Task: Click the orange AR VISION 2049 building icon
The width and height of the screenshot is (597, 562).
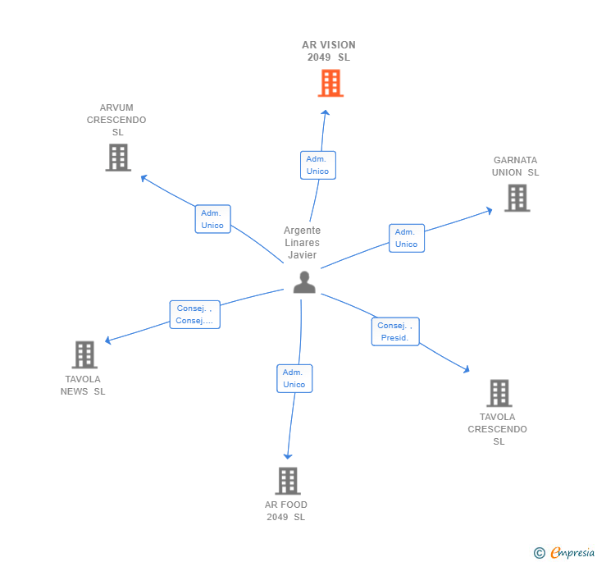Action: click(330, 83)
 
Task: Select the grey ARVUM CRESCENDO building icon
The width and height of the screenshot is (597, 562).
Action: click(118, 158)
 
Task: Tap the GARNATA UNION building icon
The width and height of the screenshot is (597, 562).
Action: click(517, 198)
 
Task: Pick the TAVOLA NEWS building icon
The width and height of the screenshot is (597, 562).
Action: click(84, 354)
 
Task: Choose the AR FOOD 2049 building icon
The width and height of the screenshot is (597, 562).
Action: click(287, 481)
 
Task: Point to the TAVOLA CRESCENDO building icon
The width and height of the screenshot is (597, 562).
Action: click(499, 393)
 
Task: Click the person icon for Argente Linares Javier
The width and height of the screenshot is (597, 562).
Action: click(304, 282)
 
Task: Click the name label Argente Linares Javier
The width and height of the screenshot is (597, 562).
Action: click(302, 243)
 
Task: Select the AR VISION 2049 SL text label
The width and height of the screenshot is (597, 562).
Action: click(329, 51)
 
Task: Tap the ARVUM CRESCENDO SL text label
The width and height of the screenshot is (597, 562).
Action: click(116, 120)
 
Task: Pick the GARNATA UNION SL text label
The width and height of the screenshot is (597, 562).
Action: click(515, 167)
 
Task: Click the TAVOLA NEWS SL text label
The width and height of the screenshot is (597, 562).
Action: click(83, 386)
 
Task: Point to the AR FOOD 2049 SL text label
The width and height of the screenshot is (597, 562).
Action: click(285, 511)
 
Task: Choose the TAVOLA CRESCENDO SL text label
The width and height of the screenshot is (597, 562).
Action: click(498, 429)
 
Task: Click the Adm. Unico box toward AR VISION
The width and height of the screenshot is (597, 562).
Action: click(317, 165)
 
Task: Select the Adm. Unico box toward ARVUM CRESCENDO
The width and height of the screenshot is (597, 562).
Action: click(212, 219)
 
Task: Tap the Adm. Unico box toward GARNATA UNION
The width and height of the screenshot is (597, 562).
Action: click(406, 238)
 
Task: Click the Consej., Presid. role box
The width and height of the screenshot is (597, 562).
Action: click(395, 331)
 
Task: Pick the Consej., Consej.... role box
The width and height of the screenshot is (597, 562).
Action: click(194, 315)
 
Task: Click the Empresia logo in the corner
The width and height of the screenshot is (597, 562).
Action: click(564, 553)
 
